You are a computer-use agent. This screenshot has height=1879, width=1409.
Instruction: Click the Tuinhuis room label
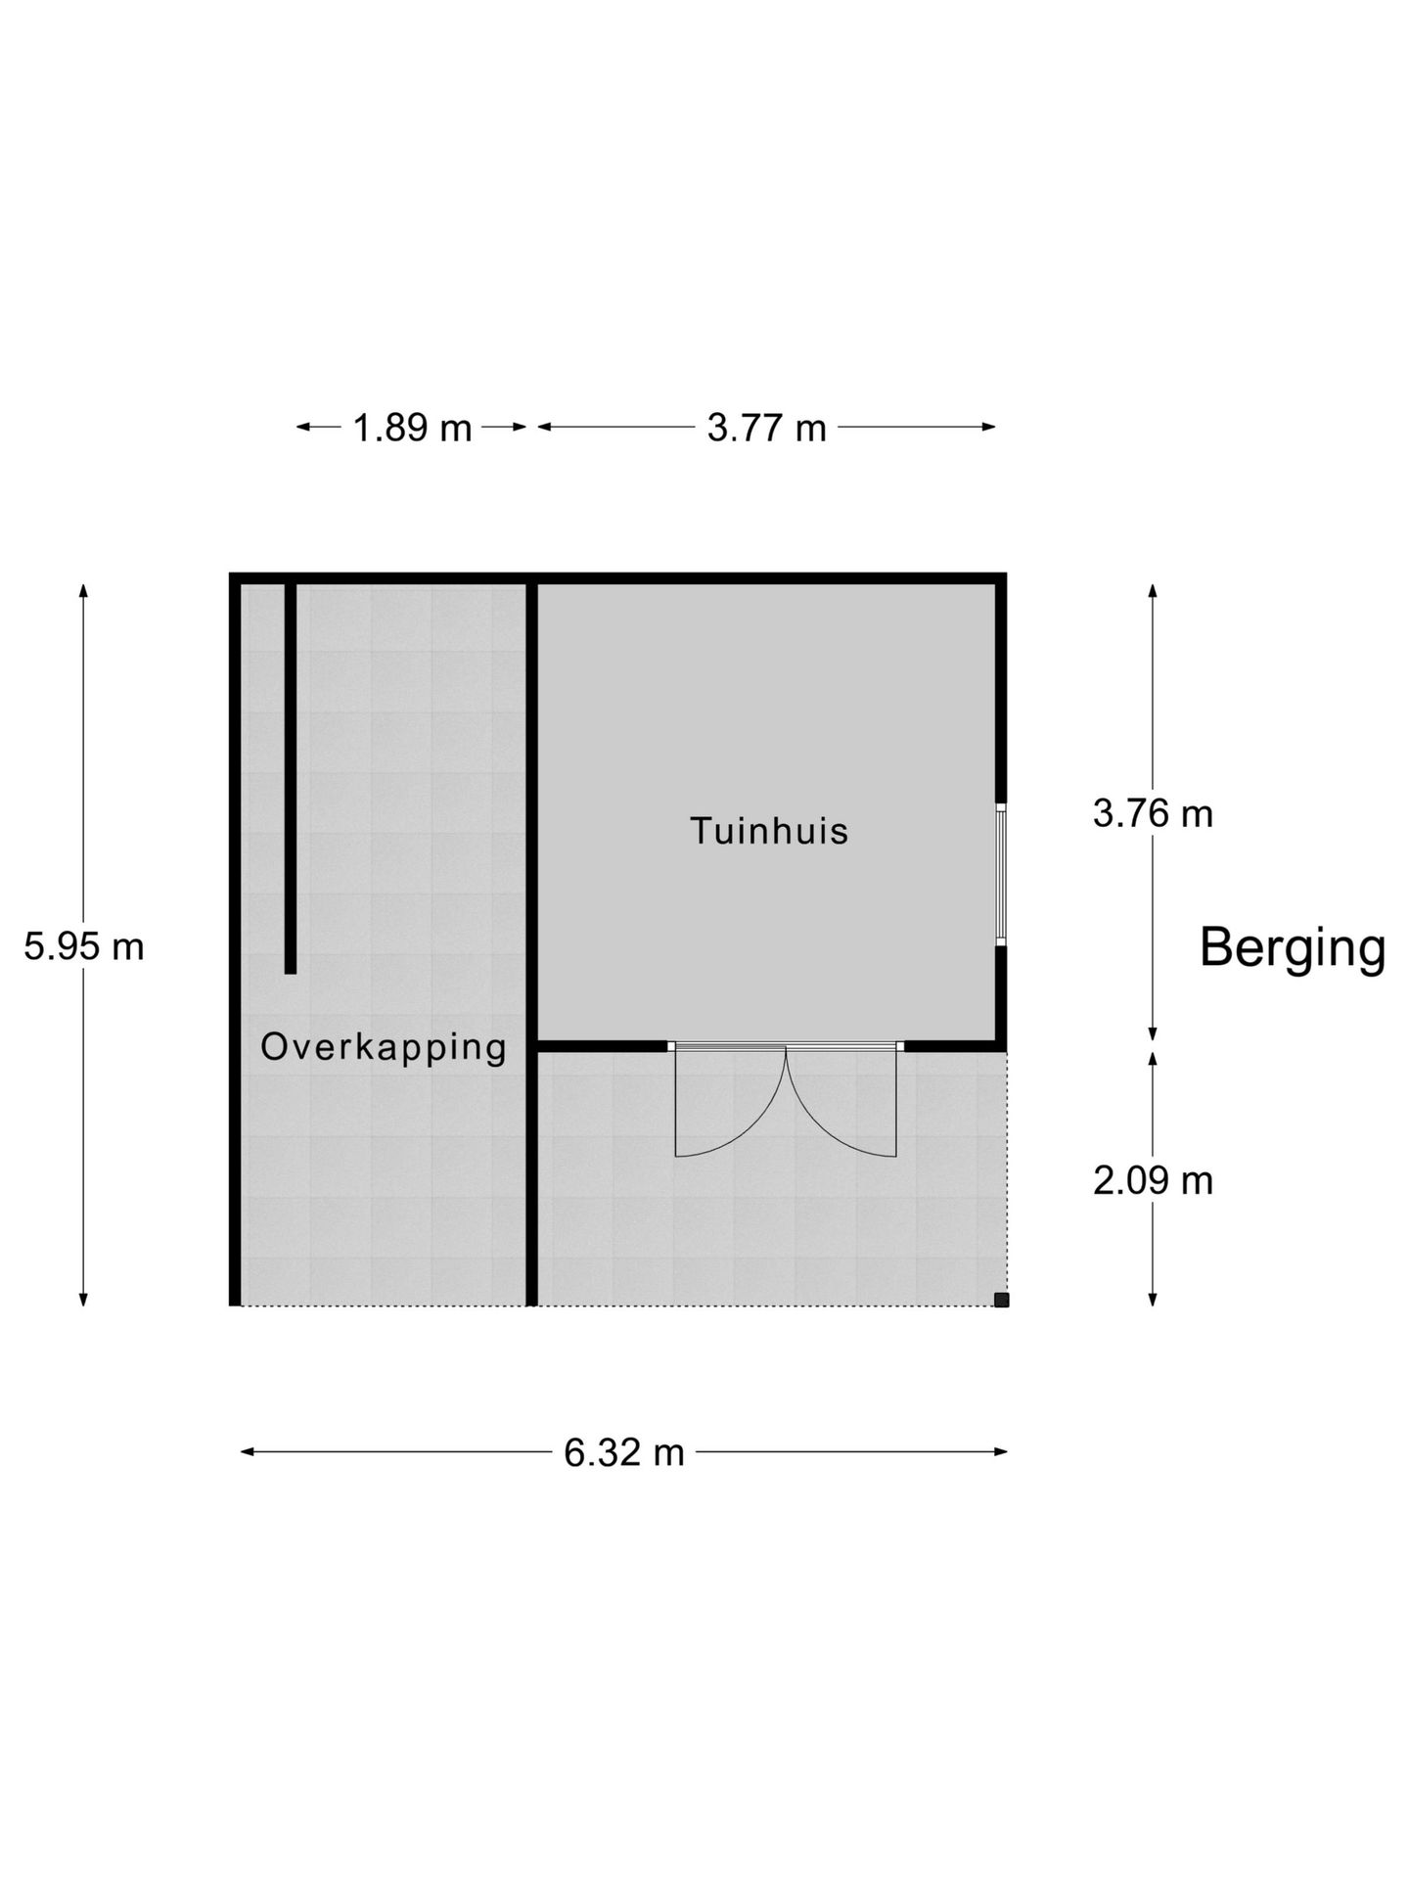coord(769,831)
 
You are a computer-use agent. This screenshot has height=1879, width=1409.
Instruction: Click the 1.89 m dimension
coord(412,428)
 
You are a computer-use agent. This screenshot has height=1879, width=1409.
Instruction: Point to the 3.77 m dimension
coord(767,428)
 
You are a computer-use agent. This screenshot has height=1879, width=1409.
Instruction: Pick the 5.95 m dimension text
coord(84,946)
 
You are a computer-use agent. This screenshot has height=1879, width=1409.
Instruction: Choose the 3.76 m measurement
coord(1153,813)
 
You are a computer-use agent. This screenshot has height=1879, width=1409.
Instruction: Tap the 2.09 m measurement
coord(1153,1181)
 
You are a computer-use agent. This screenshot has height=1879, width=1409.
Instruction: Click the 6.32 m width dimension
coord(624,1452)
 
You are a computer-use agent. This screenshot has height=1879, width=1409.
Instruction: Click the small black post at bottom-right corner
coord(1001,1300)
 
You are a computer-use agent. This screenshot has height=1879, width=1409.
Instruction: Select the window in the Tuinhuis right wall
coord(1001,874)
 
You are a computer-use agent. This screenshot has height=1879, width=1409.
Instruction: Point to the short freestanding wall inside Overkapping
coord(291,778)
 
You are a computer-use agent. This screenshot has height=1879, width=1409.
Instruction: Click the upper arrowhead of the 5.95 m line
coord(84,590)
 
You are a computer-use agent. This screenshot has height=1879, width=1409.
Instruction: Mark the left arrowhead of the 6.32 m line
coord(248,1452)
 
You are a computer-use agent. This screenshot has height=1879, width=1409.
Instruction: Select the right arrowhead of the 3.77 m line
coord(989,427)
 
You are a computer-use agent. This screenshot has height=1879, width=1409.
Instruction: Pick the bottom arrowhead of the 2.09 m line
coord(1153,1300)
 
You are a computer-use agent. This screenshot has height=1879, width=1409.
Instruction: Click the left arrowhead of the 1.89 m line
coord(303,427)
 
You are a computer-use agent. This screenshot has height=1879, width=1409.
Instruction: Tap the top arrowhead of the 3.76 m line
coord(1153,590)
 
